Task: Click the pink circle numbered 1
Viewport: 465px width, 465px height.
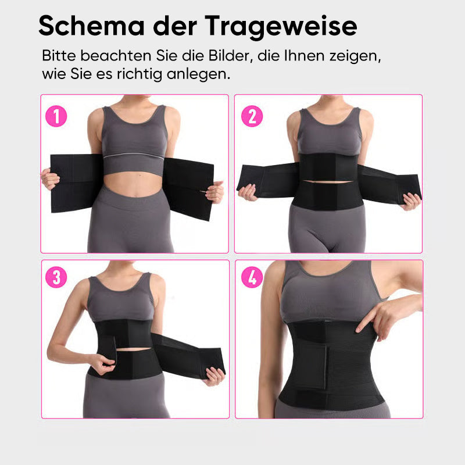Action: click(x=56, y=116)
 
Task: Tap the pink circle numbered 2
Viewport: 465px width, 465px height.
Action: click(x=252, y=116)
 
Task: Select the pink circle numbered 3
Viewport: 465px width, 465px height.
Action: click(x=56, y=277)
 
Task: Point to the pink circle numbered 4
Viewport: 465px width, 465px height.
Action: click(x=252, y=277)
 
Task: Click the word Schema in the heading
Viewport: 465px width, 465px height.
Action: click(x=92, y=26)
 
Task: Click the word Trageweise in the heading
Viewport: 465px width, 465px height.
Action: click(x=281, y=27)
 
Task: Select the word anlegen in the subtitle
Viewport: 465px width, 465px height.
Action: click(x=198, y=74)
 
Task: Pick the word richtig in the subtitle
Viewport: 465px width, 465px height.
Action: click(x=139, y=74)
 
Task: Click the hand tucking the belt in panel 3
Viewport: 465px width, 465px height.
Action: click(x=102, y=364)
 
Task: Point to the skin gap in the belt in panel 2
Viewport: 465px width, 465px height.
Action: click(x=328, y=181)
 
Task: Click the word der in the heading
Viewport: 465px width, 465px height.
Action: click(x=175, y=26)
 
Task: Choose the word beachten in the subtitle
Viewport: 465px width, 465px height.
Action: click(x=116, y=55)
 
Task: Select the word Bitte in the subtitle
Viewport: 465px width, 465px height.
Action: click(x=59, y=55)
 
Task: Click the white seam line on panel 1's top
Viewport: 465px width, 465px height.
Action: click(x=134, y=156)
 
